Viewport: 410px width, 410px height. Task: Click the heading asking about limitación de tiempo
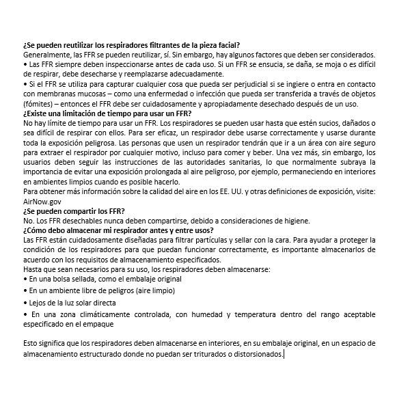(x=107, y=112)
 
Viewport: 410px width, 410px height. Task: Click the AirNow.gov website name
(x=42, y=203)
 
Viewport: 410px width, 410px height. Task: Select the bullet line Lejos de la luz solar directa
(x=72, y=302)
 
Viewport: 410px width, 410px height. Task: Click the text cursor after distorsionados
(x=284, y=354)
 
